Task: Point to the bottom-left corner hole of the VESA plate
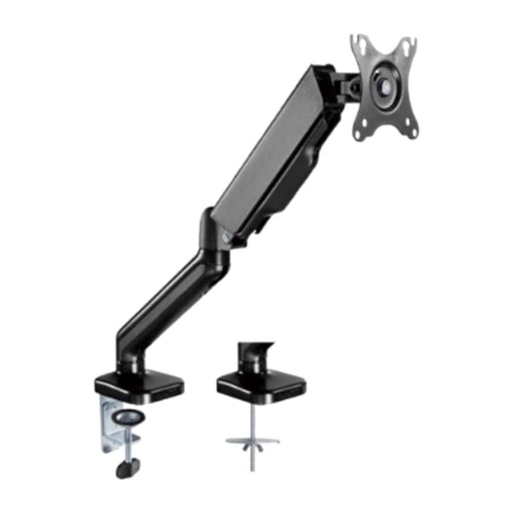pyautogui.click(x=359, y=136)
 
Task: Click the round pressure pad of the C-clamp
pyautogui.click(x=130, y=418)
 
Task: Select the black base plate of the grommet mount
pyautogui.click(x=261, y=385)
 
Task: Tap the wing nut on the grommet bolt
pyautogui.click(x=252, y=442)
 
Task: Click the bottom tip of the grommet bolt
pyautogui.click(x=252, y=468)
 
